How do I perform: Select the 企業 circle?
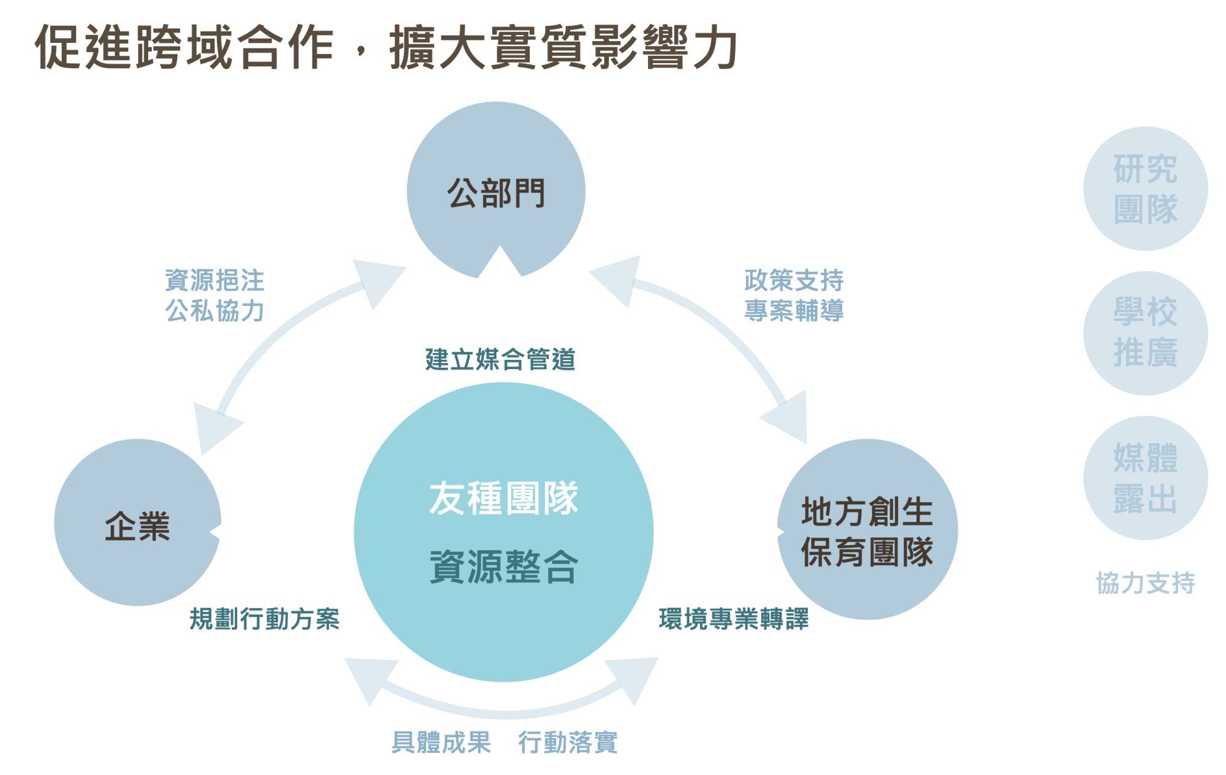[x=137, y=523]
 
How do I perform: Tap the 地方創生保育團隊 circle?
[x=867, y=530]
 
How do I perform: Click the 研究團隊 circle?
[x=1145, y=189]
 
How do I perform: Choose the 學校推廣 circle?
[x=1145, y=333]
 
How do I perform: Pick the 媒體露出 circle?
[x=1145, y=478]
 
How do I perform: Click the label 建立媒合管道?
[x=500, y=359]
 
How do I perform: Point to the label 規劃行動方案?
[x=264, y=619]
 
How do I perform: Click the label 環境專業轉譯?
[x=734, y=619]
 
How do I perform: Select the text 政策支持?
[x=794, y=281]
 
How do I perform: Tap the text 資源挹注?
[x=215, y=281]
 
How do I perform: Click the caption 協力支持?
[x=1145, y=582]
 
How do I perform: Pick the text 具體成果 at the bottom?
[x=441, y=743]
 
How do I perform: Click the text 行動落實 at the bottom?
[x=568, y=743]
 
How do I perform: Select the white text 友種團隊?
[x=503, y=498]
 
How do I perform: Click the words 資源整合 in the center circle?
[x=503, y=567]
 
